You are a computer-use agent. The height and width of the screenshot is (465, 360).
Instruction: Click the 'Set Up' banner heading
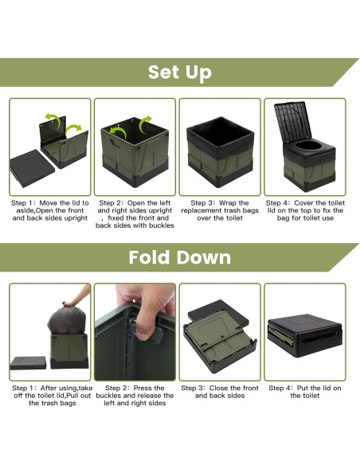[180, 72]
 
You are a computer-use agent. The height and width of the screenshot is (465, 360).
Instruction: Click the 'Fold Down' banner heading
[180, 257]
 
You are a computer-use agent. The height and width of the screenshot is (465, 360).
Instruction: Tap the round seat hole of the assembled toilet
[310, 145]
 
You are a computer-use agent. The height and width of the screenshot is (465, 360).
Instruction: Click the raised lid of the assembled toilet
[293, 121]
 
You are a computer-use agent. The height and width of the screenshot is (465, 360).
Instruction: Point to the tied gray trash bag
[67, 318]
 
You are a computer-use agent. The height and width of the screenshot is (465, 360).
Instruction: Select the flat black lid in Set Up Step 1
[32, 168]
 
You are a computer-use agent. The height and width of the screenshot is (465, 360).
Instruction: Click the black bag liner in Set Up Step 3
[220, 137]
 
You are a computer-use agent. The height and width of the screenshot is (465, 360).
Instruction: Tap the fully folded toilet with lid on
[305, 336]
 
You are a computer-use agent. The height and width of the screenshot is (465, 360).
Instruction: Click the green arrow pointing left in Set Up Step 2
[118, 132]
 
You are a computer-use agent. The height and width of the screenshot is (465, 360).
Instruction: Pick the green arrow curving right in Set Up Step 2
[146, 123]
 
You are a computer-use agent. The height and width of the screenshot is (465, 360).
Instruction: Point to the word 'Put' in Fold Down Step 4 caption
[303, 388]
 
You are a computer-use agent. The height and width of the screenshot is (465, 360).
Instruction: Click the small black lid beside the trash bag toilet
[28, 363]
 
